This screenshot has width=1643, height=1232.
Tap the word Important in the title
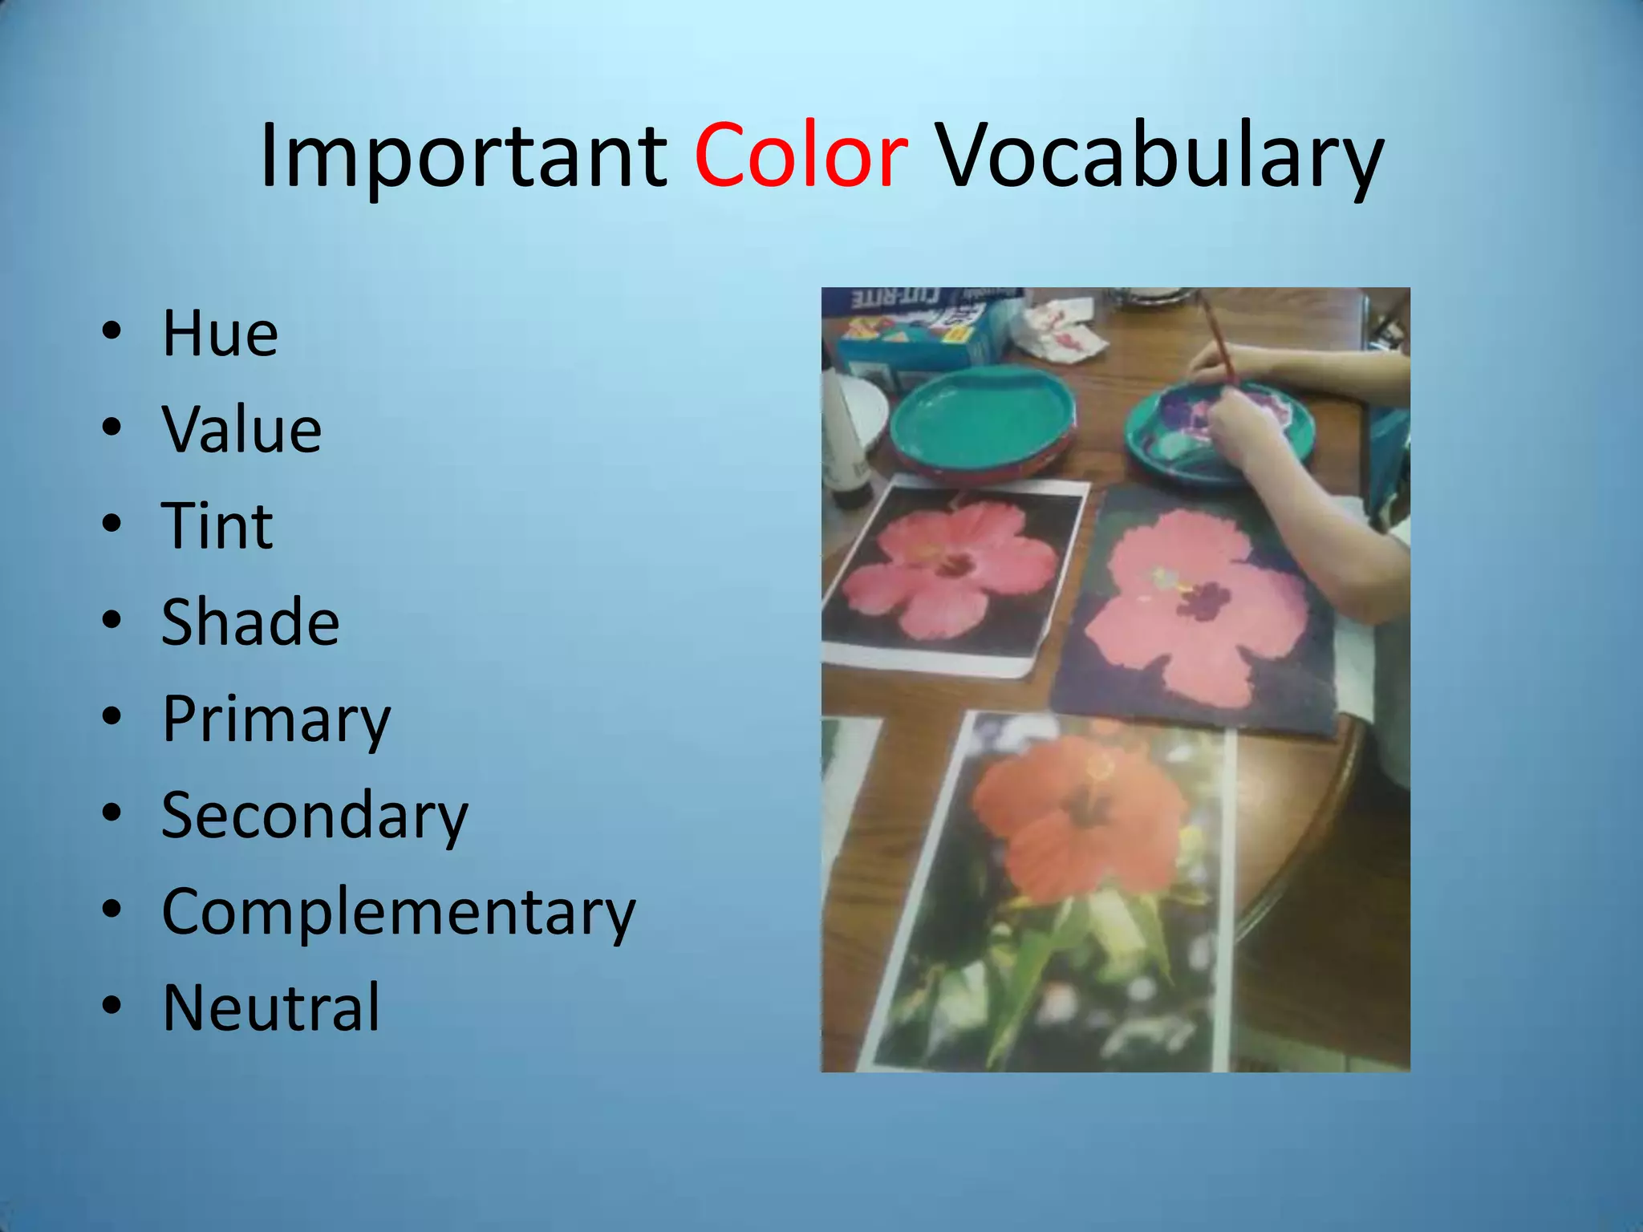(x=463, y=156)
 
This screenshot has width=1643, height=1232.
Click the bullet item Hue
(x=220, y=333)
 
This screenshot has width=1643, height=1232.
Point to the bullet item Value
(x=241, y=429)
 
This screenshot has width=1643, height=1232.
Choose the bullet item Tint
(x=217, y=525)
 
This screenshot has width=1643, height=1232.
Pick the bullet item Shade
(x=250, y=622)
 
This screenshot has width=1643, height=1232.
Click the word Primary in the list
(x=276, y=719)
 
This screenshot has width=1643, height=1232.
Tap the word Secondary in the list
(x=314, y=816)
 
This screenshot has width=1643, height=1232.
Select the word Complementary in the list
(x=399, y=912)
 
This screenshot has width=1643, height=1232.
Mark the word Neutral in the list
(x=271, y=1008)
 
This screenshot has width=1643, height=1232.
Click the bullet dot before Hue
(x=112, y=331)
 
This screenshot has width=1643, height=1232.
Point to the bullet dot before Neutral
(x=112, y=1005)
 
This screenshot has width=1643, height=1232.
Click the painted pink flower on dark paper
(x=1195, y=610)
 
